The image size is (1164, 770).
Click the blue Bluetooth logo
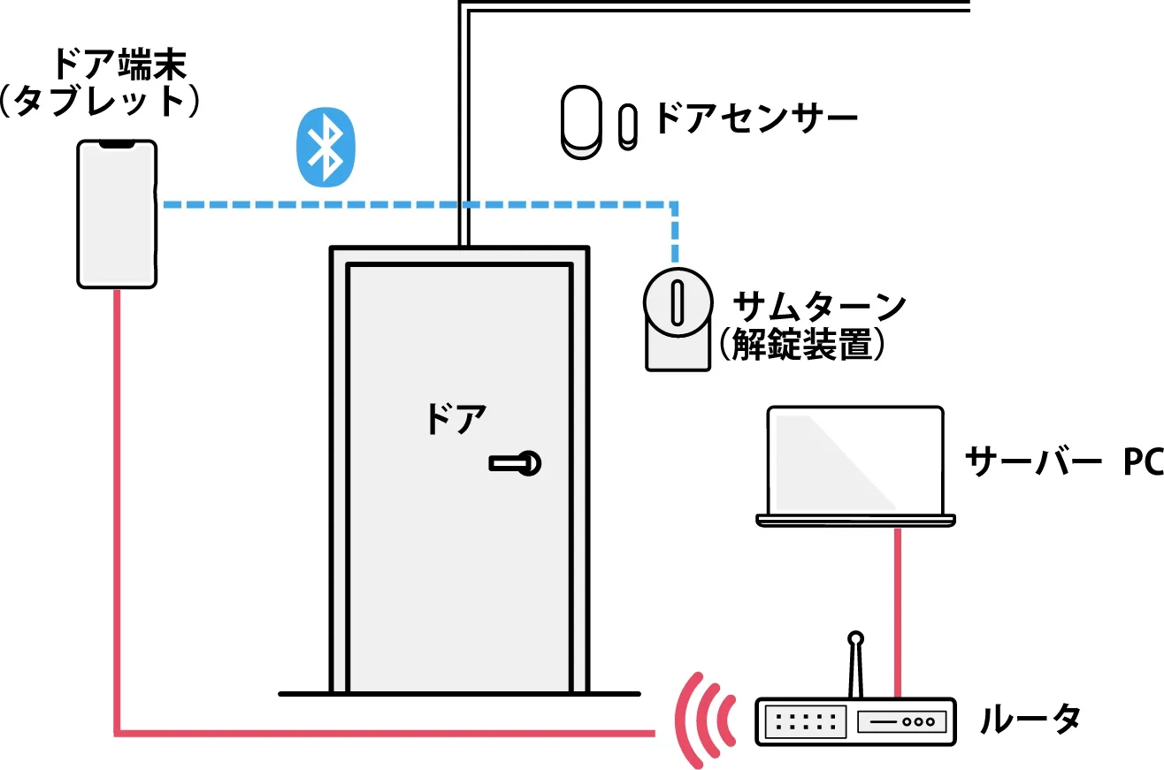[326, 148]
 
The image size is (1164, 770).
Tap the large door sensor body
[581, 122]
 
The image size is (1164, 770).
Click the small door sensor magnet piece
[627, 125]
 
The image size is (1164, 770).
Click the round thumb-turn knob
[677, 301]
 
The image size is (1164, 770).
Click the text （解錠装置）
[800, 345]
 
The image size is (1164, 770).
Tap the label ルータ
[1030, 720]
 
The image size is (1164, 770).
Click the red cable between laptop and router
[898, 611]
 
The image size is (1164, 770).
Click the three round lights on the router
[919, 722]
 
